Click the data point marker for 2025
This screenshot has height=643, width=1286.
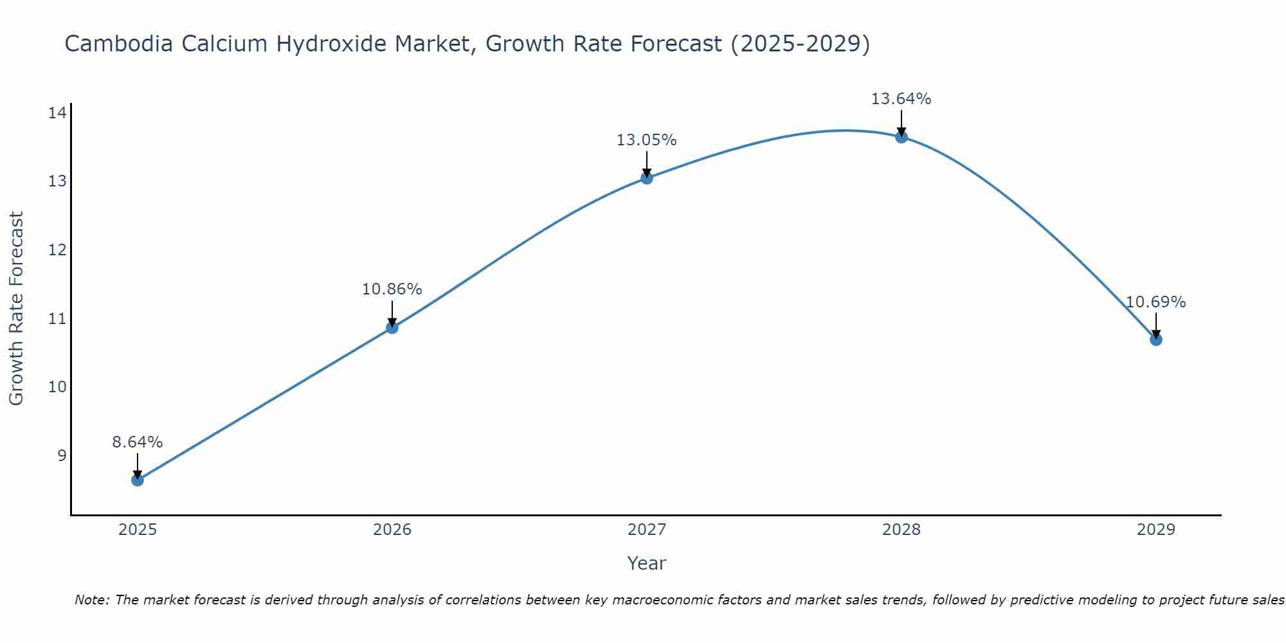pyautogui.click(x=138, y=480)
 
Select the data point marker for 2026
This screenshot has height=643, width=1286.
pyautogui.click(x=392, y=327)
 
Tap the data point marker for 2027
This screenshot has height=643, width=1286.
pyautogui.click(x=647, y=177)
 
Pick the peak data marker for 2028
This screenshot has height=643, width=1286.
pyautogui.click(x=901, y=137)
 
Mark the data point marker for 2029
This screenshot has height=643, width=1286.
pyautogui.click(x=1156, y=340)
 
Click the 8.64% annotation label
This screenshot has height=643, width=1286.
pyautogui.click(x=138, y=442)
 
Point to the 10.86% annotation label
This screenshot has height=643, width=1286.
pyautogui.click(x=392, y=289)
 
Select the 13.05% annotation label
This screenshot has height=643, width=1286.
pyautogui.click(x=647, y=140)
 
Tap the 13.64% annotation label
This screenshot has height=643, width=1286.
pyautogui.click(x=901, y=99)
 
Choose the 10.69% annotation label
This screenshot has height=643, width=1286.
pyautogui.click(x=1156, y=302)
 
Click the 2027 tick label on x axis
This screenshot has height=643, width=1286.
pyautogui.click(x=647, y=530)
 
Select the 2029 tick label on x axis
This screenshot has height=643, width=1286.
pyautogui.click(x=1156, y=530)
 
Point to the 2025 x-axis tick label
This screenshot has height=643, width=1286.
pyautogui.click(x=138, y=530)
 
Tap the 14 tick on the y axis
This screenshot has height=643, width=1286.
pyautogui.click(x=57, y=113)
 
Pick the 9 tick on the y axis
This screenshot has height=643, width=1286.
pyautogui.click(x=62, y=456)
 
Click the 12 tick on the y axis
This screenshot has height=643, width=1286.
pyautogui.click(x=57, y=250)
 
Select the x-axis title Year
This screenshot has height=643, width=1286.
pyautogui.click(x=647, y=563)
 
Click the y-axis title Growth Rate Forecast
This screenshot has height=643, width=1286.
pyautogui.click(x=17, y=308)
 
